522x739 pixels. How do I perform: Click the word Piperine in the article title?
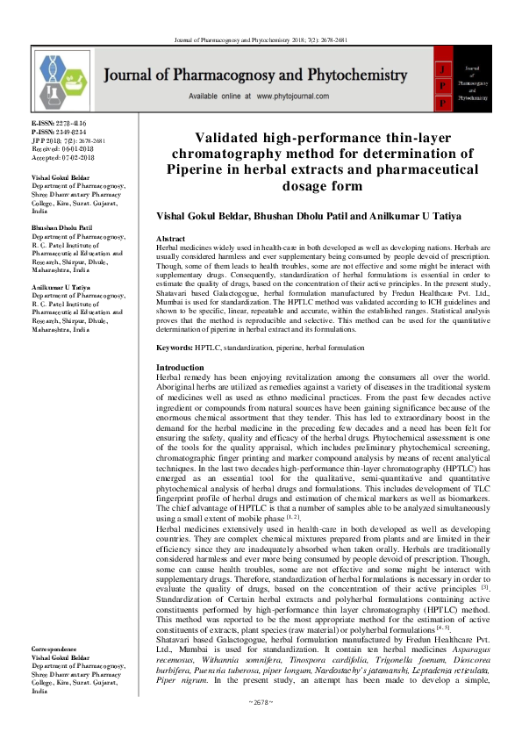click(x=225, y=169)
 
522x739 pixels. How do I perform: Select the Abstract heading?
click(x=170, y=239)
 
